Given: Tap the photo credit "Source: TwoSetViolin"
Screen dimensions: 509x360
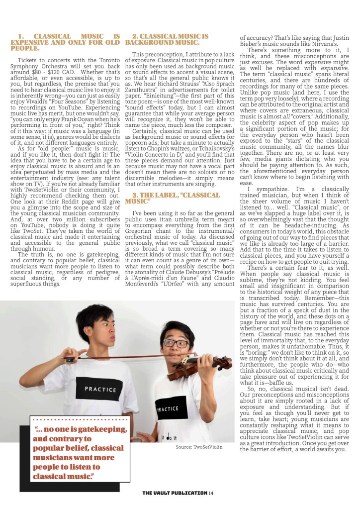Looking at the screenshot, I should [199, 447].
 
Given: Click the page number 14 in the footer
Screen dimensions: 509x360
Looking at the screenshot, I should [211, 493].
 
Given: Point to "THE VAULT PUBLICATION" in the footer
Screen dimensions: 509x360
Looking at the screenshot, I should [174, 493].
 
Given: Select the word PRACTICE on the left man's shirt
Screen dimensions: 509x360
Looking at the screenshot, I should [100, 389].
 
